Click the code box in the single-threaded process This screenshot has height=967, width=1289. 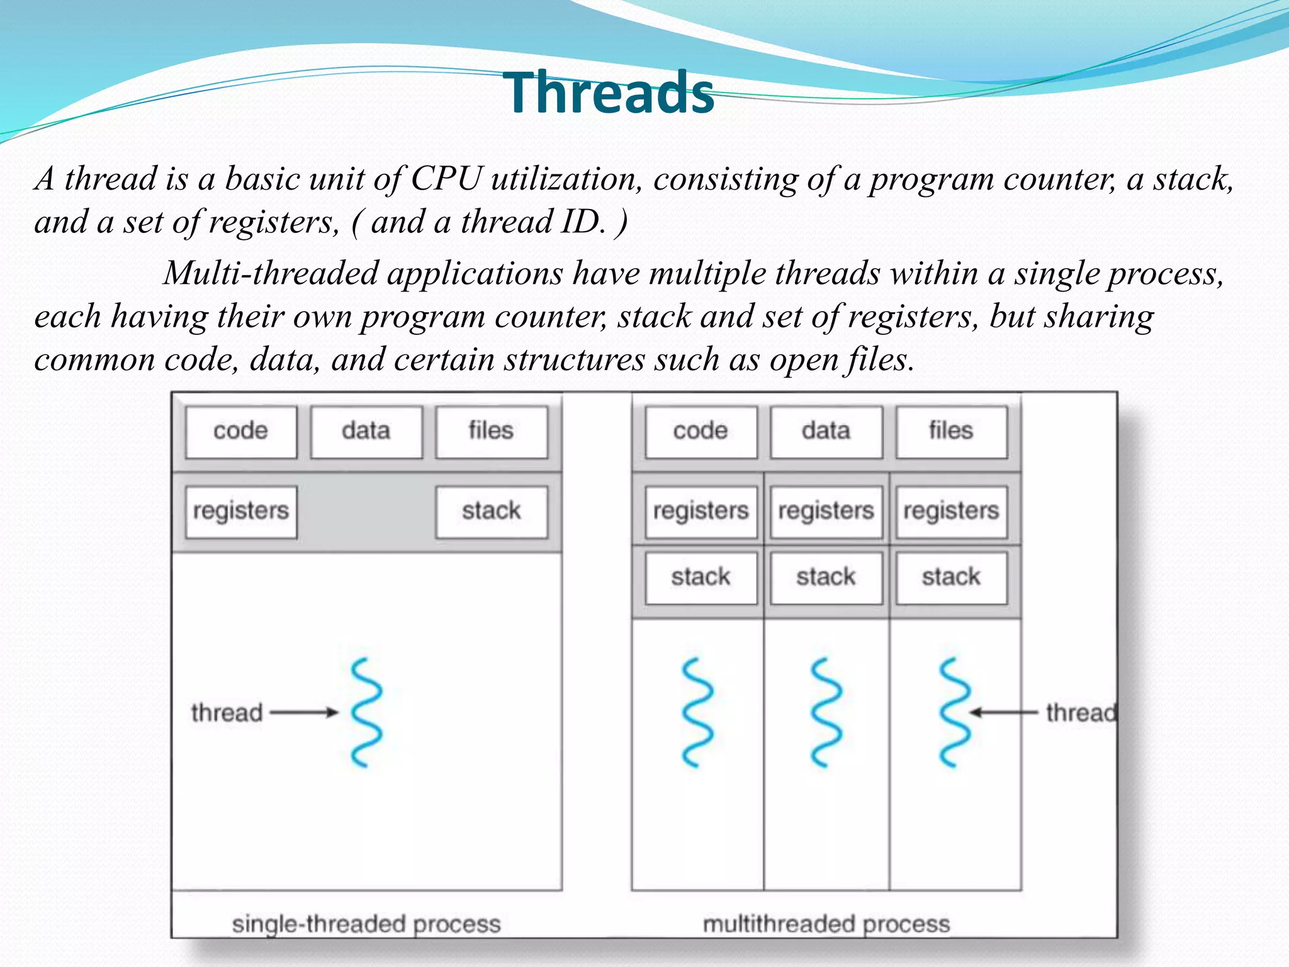pos(241,432)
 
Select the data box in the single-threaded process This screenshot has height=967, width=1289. pos(366,432)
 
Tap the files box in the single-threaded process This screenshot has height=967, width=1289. pos(491,432)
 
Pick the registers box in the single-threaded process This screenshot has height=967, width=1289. pos(241,511)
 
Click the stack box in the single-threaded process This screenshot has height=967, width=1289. pos(491,511)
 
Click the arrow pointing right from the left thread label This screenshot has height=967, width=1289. pos(305,713)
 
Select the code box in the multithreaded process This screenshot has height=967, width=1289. pos(701,432)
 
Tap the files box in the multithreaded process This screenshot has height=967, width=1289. pos(951,432)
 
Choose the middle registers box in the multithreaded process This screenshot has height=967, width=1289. pos(826,511)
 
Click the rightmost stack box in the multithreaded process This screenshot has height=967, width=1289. pos(951,577)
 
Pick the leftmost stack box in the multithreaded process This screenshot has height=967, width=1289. pos(701,577)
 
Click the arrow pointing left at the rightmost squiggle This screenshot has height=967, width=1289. pos(1003,713)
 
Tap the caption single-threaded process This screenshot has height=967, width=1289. pos(366,924)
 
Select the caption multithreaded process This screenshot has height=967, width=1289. pos(826,924)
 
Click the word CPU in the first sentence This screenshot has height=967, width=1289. pos(446,179)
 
